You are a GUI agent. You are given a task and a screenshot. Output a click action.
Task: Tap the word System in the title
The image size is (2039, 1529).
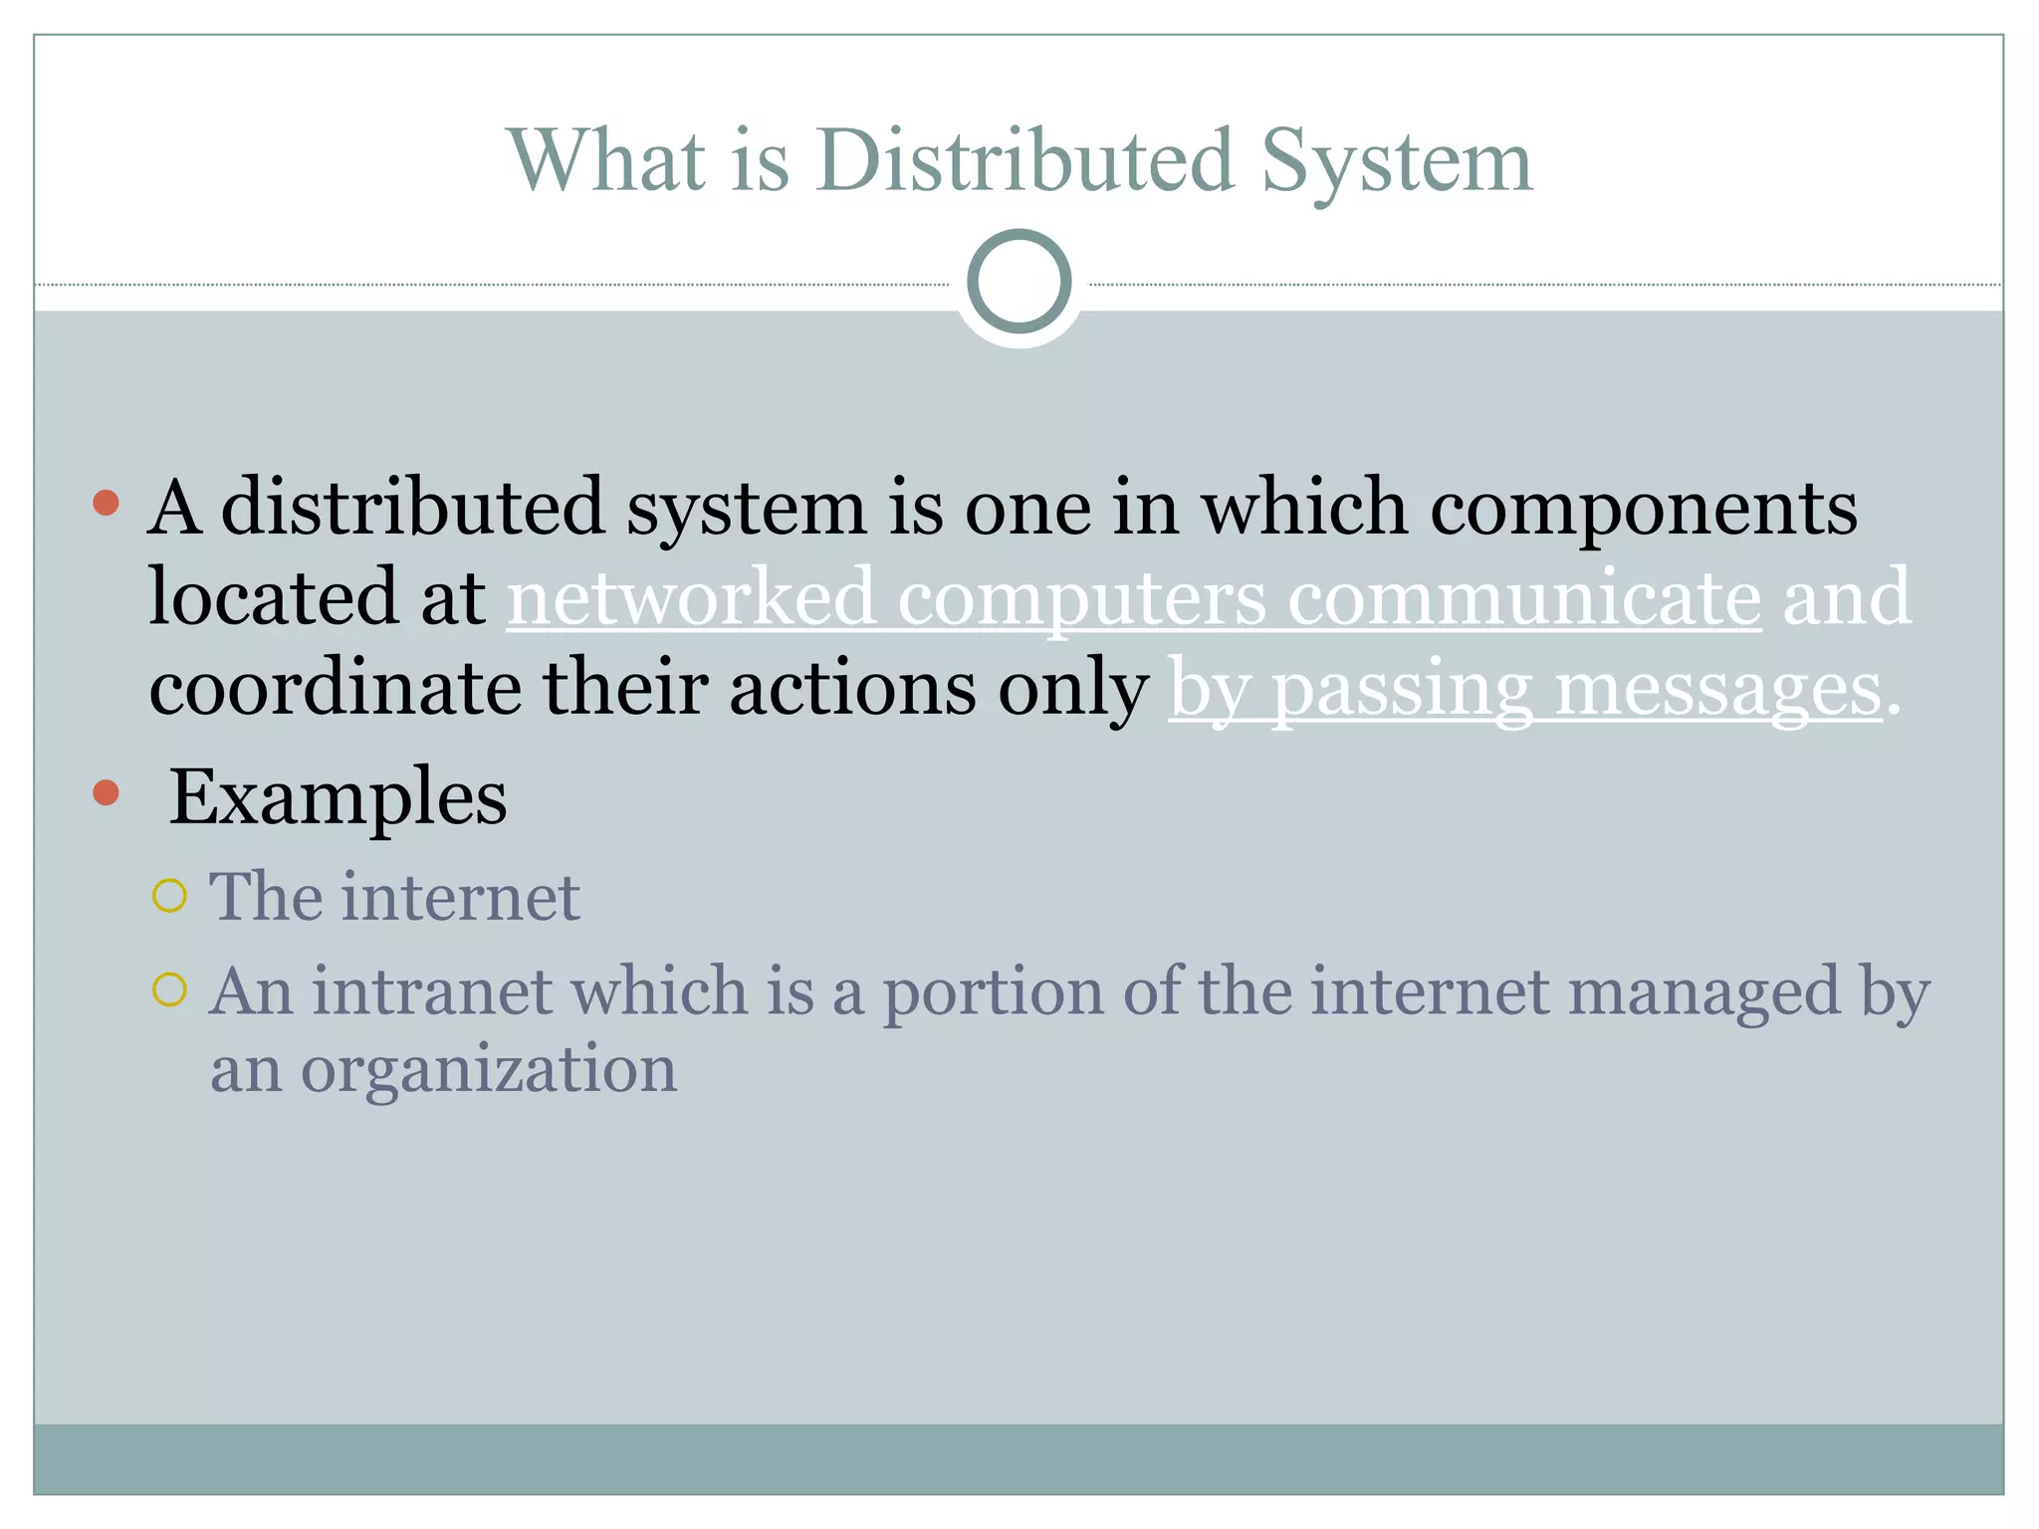pos(1396,162)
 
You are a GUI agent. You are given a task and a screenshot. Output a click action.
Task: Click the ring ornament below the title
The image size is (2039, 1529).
pos(1019,282)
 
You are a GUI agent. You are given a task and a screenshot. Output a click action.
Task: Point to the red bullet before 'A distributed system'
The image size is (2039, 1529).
pos(106,503)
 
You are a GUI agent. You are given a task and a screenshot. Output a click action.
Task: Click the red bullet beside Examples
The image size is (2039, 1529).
pos(106,793)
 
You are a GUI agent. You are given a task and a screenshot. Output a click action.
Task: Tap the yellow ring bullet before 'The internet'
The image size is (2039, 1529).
pos(170,897)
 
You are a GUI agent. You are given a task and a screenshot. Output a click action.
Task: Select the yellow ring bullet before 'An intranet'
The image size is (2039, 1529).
pos(170,990)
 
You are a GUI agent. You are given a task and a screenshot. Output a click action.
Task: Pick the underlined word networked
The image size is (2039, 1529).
pos(691,597)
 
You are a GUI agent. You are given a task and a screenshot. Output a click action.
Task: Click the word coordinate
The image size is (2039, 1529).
pos(336,689)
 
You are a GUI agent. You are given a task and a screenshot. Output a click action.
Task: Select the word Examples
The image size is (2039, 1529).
pos(338,798)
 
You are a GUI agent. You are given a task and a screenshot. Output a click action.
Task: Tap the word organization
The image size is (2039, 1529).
pos(489,1071)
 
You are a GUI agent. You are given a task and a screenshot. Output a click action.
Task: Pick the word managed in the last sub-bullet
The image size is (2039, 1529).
pos(1703,993)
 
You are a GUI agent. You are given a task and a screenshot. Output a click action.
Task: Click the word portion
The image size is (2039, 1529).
pos(993,993)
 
